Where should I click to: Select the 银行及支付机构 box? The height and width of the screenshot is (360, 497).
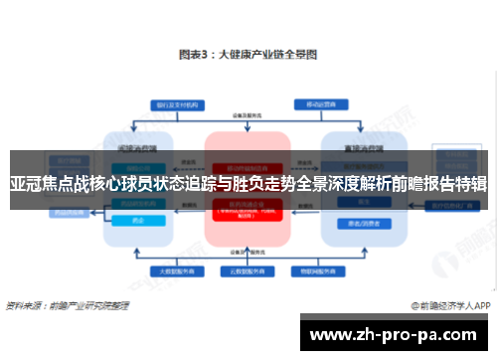tap(176, 103)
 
